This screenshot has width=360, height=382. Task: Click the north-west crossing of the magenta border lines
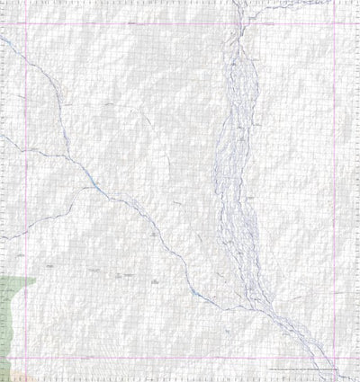coord(26,22)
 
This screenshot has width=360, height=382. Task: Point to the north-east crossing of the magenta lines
coord(334,22)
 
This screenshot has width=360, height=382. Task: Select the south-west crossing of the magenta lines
coord(26,358)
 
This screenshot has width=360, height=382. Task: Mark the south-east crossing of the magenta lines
coord(334,358)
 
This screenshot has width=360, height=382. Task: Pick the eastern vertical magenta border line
coord(334,180)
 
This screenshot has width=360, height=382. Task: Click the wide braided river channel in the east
coord(236,180)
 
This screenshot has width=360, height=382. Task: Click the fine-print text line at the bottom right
coord(297,369)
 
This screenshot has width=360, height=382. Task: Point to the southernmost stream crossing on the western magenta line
coord(26,232)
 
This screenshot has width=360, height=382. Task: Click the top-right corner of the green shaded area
coord(33,278)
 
